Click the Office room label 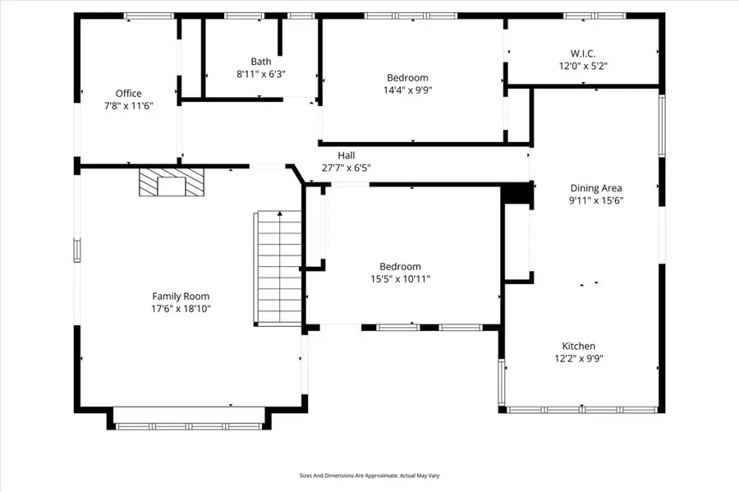pyautogui.click(x=128, y=94)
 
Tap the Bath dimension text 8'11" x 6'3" pyautogui.click(x=261, y=74)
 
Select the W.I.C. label pyautogui.click(x=583, y=53)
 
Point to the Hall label pyautogui.click(x=347, y=155)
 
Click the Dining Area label pyautogui.click(x=596, y=188)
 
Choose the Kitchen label pyautogui.click(x=579, y=346)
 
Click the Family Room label pyautogui.click(x=181, y=297)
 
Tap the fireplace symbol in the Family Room pyautogui.click(x=172, y=184)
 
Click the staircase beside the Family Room pyautogui.click(x=279, y=268)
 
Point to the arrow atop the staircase pyautogui.click(x=281, y=215)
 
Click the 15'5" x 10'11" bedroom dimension pyautogui.click(x=400, y=279)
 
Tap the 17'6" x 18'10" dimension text pyautogui.click(x=181, y=309)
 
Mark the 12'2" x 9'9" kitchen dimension pyautogui.click(x=579, y=358)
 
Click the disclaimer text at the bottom pyautogui.click(x=369, y=475)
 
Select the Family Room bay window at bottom pyautogui.click(x=188, y=425)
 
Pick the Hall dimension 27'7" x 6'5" pyautogui.click(x=347, y=168)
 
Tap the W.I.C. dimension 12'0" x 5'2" pyautogui.click(x=583, y=66)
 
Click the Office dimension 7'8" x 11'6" pyautogui.click(x=128, y=106)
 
